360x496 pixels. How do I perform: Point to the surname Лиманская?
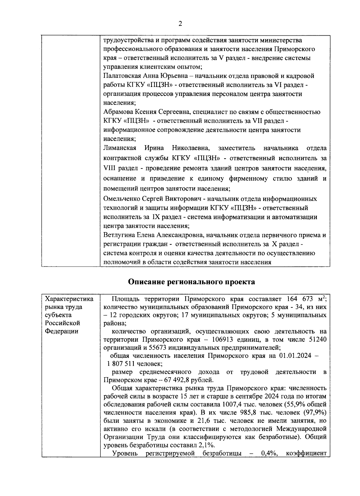pyautogui.click(x=120, y=148)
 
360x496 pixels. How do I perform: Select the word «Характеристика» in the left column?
pyautogui.click(x=69, y=299)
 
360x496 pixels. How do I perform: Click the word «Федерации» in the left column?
pyautogui.click(x=61, y=331)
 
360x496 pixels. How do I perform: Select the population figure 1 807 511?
pyautogui.click(x=119, y=364)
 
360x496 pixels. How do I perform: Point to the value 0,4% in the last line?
pyautogui.click(x=268, y=453)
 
